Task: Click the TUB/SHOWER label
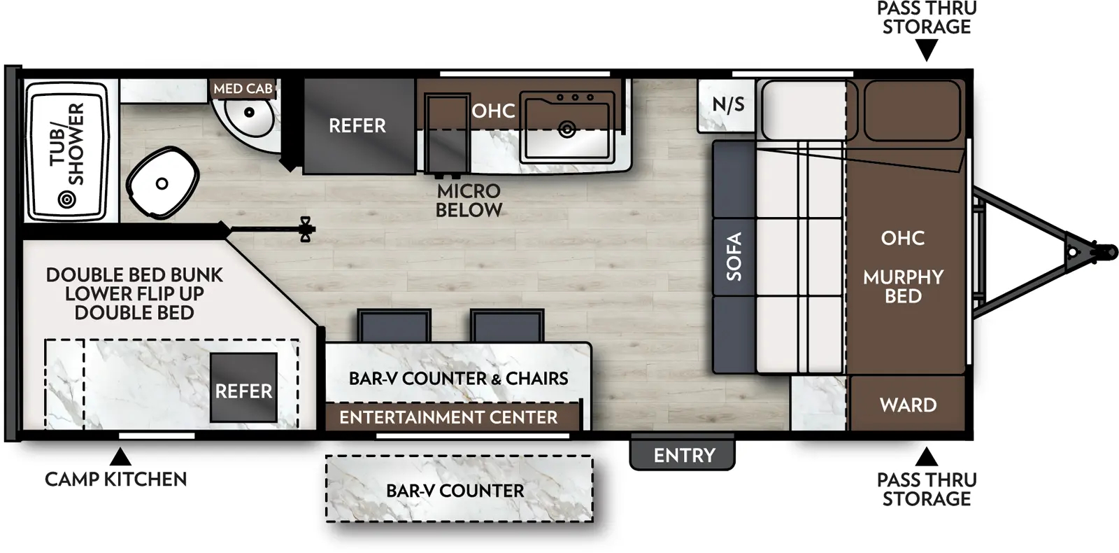67,143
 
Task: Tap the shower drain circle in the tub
67,200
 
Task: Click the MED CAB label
243,89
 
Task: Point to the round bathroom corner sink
249,116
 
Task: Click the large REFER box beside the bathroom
357,126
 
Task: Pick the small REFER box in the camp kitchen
243,388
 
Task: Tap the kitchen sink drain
567,129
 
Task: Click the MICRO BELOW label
469,200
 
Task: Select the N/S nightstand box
727,105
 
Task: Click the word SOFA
734,257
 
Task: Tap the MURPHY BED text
903,286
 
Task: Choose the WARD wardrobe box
907,405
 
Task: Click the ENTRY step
683,455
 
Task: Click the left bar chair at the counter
394,325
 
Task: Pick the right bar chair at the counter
507,325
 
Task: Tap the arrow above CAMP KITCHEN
120,457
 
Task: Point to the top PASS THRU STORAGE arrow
926,50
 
